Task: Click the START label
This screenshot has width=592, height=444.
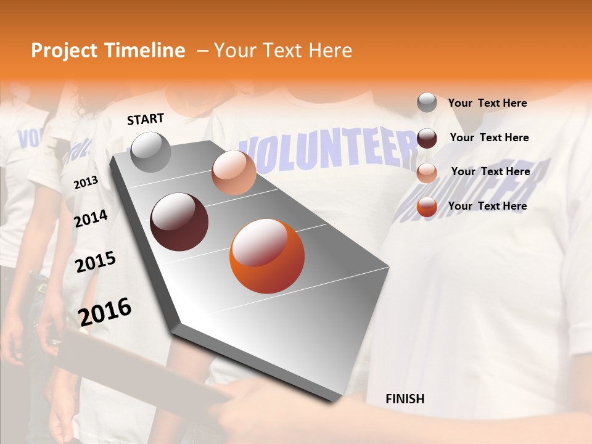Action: (x=146, y=119)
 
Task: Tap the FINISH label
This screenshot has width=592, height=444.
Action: (x=405, y=399)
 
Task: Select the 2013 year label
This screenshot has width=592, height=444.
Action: (x=86, y=183)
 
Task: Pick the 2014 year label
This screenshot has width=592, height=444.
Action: (x=91, y=218)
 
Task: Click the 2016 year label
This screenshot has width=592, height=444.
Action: (x=105, y=311)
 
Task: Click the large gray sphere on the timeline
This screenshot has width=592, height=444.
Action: (x=150, y=152)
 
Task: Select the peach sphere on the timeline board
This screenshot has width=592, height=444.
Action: (x=234, y=173)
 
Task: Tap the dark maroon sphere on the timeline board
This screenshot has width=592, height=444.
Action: (x=179, y=222)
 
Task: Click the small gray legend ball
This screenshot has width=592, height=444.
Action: (x=427, y=102)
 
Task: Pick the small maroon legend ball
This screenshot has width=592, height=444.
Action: (x=427, y=138)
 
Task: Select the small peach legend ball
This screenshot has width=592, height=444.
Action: (x=427, y=173)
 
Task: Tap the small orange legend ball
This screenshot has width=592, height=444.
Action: (x=427, y=207)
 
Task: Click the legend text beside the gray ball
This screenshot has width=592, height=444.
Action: (x=487, y=103)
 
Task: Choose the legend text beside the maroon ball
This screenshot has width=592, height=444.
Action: (x=489, y=138)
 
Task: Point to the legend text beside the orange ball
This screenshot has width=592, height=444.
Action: (x=487, y=206)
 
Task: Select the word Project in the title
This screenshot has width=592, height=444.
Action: (x=65, y=51)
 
